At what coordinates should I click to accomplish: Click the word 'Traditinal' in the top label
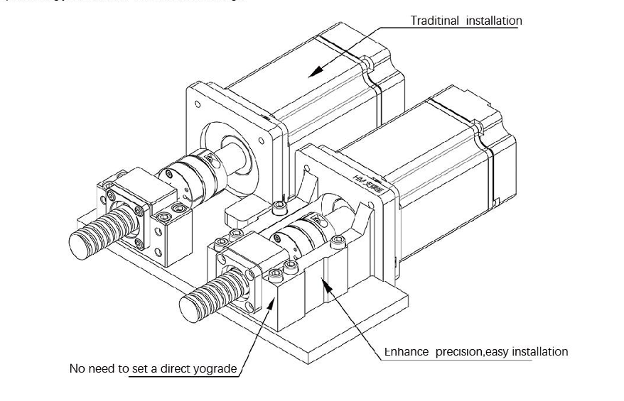[x=435, y=21]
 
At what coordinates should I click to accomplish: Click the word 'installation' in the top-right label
[x=493, y=21]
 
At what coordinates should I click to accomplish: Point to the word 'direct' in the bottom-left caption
[x=174, y=369]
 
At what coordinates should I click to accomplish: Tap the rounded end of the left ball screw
[x=79, y=241]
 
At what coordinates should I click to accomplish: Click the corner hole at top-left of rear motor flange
[x=198, y=104]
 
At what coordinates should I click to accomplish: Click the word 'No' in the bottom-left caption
[x=77, y=369]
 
